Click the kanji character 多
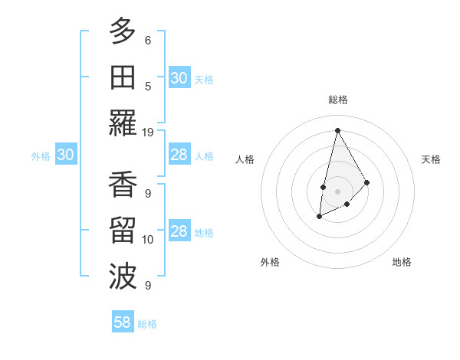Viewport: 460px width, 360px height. pyautogui.click(x=123, y=31)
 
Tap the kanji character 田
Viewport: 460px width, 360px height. pyautogui.click(x=123, y=77)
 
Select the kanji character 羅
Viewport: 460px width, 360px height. pyautogui.click(x=123, y=123)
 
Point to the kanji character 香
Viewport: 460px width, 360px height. pyautogui.click(x=123, y=186)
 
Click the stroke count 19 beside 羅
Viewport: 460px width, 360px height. pyautogui.click(x=148, y=132)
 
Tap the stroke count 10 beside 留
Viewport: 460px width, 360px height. pyautogui.click(x=148, y=240)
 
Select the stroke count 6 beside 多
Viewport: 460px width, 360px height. pyautogui.click(x=148, y=40)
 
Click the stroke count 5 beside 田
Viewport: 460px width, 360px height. pyautogui.click(x=148, y=86)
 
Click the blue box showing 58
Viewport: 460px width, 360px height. pyautogui.click(x=123, y=322)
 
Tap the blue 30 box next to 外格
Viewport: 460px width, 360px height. pyautogui.click(x=65, y=155)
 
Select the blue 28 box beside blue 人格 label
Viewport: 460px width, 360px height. pyautogui.click(x=179, y=155)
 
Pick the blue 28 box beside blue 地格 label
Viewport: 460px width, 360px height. pyautogui.click(x=179, y=232)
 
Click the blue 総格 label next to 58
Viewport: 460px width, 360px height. pyautogui.click(x=147, y=324)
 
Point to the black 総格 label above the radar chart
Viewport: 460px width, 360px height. pyautogui.click(x=337, y=100)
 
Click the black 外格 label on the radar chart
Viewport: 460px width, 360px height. pyautogui.click(x=270, y=262)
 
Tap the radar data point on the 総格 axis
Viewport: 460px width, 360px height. pyautogui.click(x=337, y=129)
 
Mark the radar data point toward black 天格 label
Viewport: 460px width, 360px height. pyautogui.click(x=367, y=182)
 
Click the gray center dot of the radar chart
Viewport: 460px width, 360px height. pyautogui.click(x=337, y=190)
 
